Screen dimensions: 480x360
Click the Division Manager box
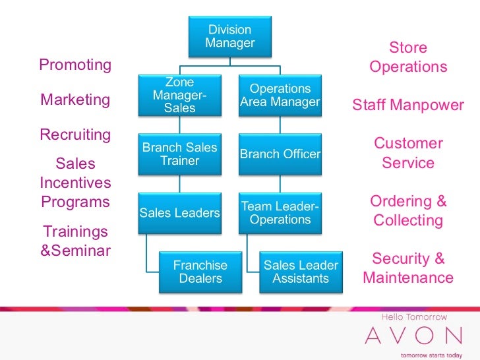229,37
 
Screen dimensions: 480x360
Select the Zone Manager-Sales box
179,95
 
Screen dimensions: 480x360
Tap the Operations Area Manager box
280,95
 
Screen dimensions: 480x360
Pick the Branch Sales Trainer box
179,154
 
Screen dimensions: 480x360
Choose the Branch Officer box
280,154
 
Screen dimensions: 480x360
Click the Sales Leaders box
179,212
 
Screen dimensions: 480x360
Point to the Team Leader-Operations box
280,212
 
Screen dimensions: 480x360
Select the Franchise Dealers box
200,272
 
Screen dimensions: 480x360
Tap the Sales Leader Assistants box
301,272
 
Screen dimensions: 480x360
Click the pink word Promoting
75,65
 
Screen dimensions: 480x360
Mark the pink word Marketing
75,100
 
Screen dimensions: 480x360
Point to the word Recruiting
75,135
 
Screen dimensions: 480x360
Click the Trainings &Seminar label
75,241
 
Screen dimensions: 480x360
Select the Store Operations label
408,57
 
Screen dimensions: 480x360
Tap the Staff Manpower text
408,105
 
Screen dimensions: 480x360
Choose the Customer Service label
408,153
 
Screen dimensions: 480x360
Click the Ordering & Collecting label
408,210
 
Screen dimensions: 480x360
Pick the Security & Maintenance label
408,268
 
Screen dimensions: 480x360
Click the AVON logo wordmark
413,336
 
